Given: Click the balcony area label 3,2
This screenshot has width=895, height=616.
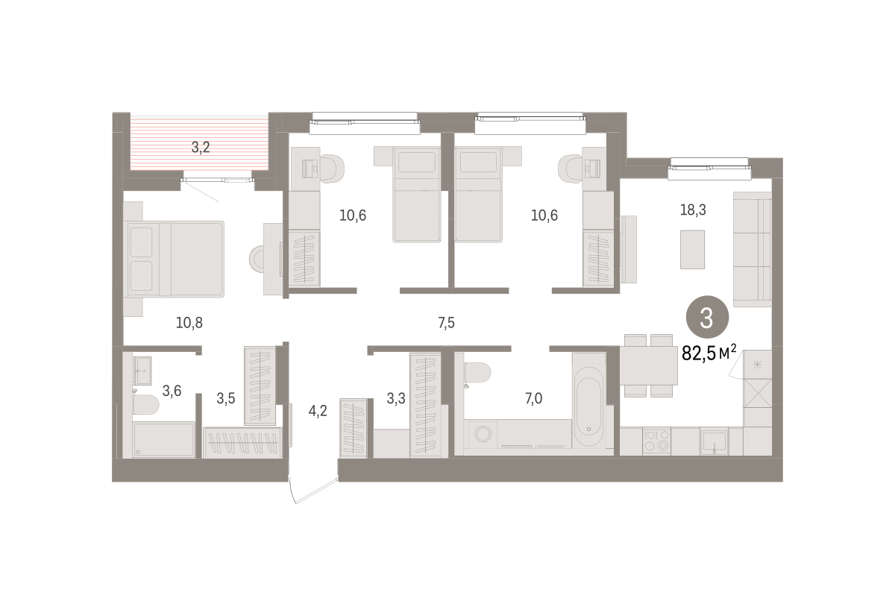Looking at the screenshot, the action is point(201,148).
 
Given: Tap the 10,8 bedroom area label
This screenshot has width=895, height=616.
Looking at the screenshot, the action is point(189,323).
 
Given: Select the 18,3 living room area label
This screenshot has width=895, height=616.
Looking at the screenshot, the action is point(693,210).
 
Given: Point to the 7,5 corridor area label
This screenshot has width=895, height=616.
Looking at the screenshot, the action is point(446,323).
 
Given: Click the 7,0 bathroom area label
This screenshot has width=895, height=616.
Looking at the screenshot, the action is point(533,399).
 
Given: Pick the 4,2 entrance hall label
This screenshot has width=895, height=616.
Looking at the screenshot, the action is point(318,411).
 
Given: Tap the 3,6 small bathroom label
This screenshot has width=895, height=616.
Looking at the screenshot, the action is point(172,391).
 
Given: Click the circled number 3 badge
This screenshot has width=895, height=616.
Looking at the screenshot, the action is point(707,318).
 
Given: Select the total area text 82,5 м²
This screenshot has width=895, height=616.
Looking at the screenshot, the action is point(709,353).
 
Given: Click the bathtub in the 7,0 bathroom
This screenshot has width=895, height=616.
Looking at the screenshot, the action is point(588,400).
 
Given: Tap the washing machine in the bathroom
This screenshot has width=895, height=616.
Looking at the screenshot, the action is point(483,434).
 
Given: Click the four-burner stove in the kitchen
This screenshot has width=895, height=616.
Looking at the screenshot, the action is point(656,441).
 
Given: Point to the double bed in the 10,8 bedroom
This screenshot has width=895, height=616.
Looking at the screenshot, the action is point(175,259).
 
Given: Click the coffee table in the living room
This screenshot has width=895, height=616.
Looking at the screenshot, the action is point(692,250).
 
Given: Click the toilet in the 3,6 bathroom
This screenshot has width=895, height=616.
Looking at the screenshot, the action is point(146,405).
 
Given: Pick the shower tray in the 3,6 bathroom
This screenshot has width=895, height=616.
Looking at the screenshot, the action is point(163,439).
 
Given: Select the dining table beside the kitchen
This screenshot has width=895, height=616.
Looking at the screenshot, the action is point(648,365).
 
